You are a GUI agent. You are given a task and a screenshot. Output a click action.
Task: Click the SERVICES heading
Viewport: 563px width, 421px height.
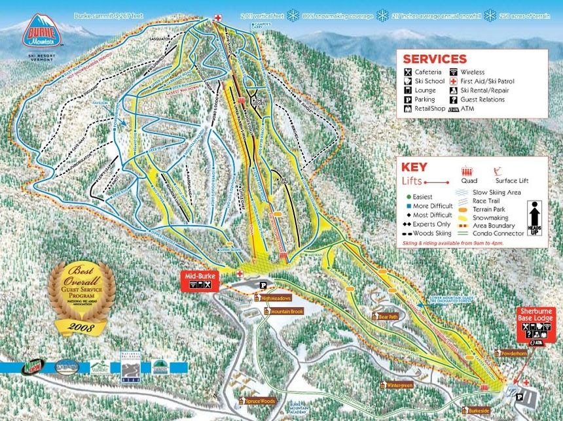coord(434,59)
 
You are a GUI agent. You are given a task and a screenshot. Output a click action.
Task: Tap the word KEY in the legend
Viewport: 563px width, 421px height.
coord(414,167)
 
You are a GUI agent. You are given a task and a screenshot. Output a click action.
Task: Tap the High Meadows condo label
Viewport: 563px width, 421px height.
coord(274,298)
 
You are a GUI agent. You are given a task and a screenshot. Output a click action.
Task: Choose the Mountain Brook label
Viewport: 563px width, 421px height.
coord(285,311)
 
